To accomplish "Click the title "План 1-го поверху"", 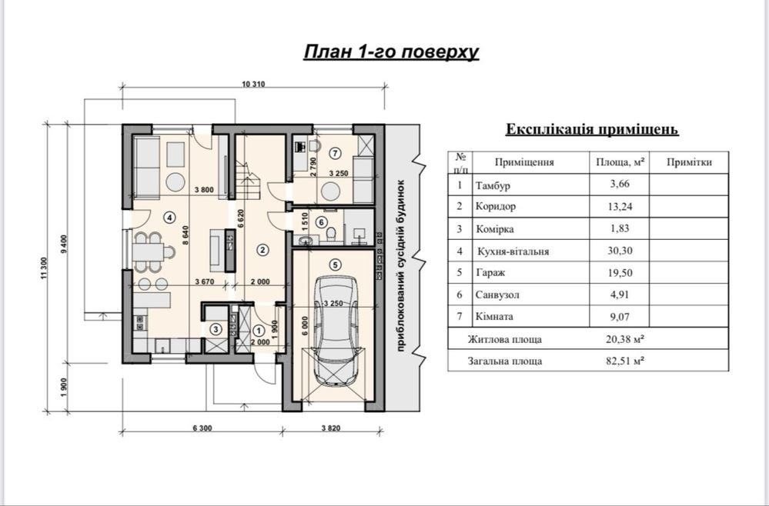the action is tap(391, 52).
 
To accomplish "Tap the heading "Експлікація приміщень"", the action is tap(592, 129).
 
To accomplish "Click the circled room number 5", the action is tap(336, 265).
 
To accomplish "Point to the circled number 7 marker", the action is tap(336, 153).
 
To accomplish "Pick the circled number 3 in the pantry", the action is tap(216, 329).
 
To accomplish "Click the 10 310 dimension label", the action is tap(253, 84).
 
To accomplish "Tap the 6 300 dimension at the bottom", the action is tap(202, 428).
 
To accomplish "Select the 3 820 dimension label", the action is tap(330, 428).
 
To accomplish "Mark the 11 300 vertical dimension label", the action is tap(45, 268).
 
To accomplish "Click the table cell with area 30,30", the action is tap(620, 251).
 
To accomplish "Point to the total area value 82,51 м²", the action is tap(625, 361).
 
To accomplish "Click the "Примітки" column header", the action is tap(689, 162).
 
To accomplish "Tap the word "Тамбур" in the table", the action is tap(493, 185).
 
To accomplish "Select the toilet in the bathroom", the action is tap(330, 234).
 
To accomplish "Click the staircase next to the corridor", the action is tap(248, 180).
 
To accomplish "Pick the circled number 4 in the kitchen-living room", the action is tap(169, 218).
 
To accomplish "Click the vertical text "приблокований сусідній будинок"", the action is tap(400, 265).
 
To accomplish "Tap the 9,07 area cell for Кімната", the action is tap(620, 317).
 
